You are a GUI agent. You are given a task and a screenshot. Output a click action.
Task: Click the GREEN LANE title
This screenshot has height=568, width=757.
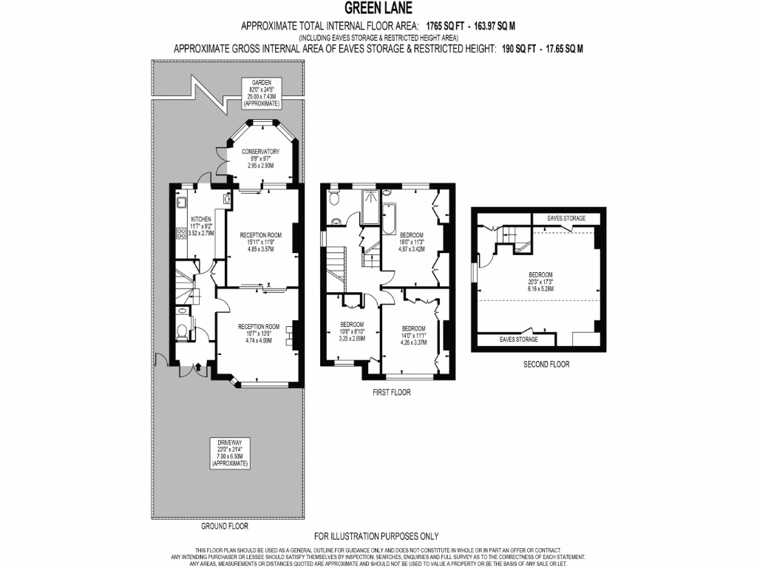coord(378,10)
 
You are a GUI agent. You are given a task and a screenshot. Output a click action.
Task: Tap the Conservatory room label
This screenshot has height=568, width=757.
coord(260,151)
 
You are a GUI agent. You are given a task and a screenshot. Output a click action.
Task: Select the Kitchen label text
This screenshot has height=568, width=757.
coord(201,220)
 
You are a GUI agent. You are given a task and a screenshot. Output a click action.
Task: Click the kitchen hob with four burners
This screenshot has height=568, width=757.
coord(180,234)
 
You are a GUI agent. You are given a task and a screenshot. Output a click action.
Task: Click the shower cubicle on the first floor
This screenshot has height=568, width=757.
coord(370,206)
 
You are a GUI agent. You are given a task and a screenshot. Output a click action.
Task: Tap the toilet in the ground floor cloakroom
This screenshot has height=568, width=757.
coord(182,331)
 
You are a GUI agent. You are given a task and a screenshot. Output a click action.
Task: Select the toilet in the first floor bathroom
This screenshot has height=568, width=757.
coord(333,197)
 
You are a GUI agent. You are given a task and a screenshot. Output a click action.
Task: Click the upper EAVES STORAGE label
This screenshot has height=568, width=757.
coord(566,218)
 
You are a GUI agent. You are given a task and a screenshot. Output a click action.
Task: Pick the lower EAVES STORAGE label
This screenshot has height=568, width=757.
coord(518,339)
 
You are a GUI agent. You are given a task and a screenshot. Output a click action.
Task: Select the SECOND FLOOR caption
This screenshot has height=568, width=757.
coord(546,364)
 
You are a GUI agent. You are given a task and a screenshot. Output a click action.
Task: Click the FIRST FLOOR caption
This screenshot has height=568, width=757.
coord(391,393)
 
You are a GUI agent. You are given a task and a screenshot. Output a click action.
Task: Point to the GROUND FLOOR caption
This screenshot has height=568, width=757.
coord(225,527)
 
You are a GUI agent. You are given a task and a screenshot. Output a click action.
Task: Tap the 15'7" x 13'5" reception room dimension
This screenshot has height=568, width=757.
coord(259,334)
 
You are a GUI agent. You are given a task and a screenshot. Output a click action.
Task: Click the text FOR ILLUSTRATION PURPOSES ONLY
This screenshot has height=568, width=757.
coord(376,536)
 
